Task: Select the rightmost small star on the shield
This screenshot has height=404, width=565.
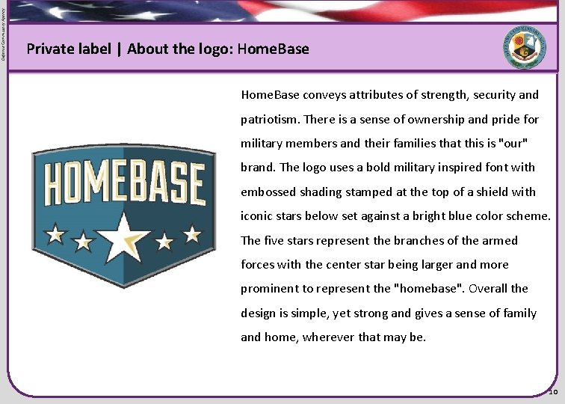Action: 192,234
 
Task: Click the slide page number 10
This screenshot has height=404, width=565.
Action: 553,392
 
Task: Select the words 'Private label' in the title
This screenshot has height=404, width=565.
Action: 68,49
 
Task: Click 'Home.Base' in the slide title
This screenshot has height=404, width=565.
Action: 273,49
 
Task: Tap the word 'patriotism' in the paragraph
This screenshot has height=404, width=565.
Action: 269,119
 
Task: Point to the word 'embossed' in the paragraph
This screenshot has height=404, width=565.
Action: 266,192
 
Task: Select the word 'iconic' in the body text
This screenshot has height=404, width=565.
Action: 256,216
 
